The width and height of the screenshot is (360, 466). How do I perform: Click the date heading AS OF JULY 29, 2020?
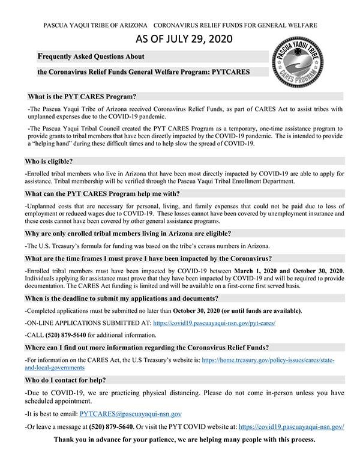point(180,40)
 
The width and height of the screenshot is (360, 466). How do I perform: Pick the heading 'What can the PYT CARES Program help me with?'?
point(103,193)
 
